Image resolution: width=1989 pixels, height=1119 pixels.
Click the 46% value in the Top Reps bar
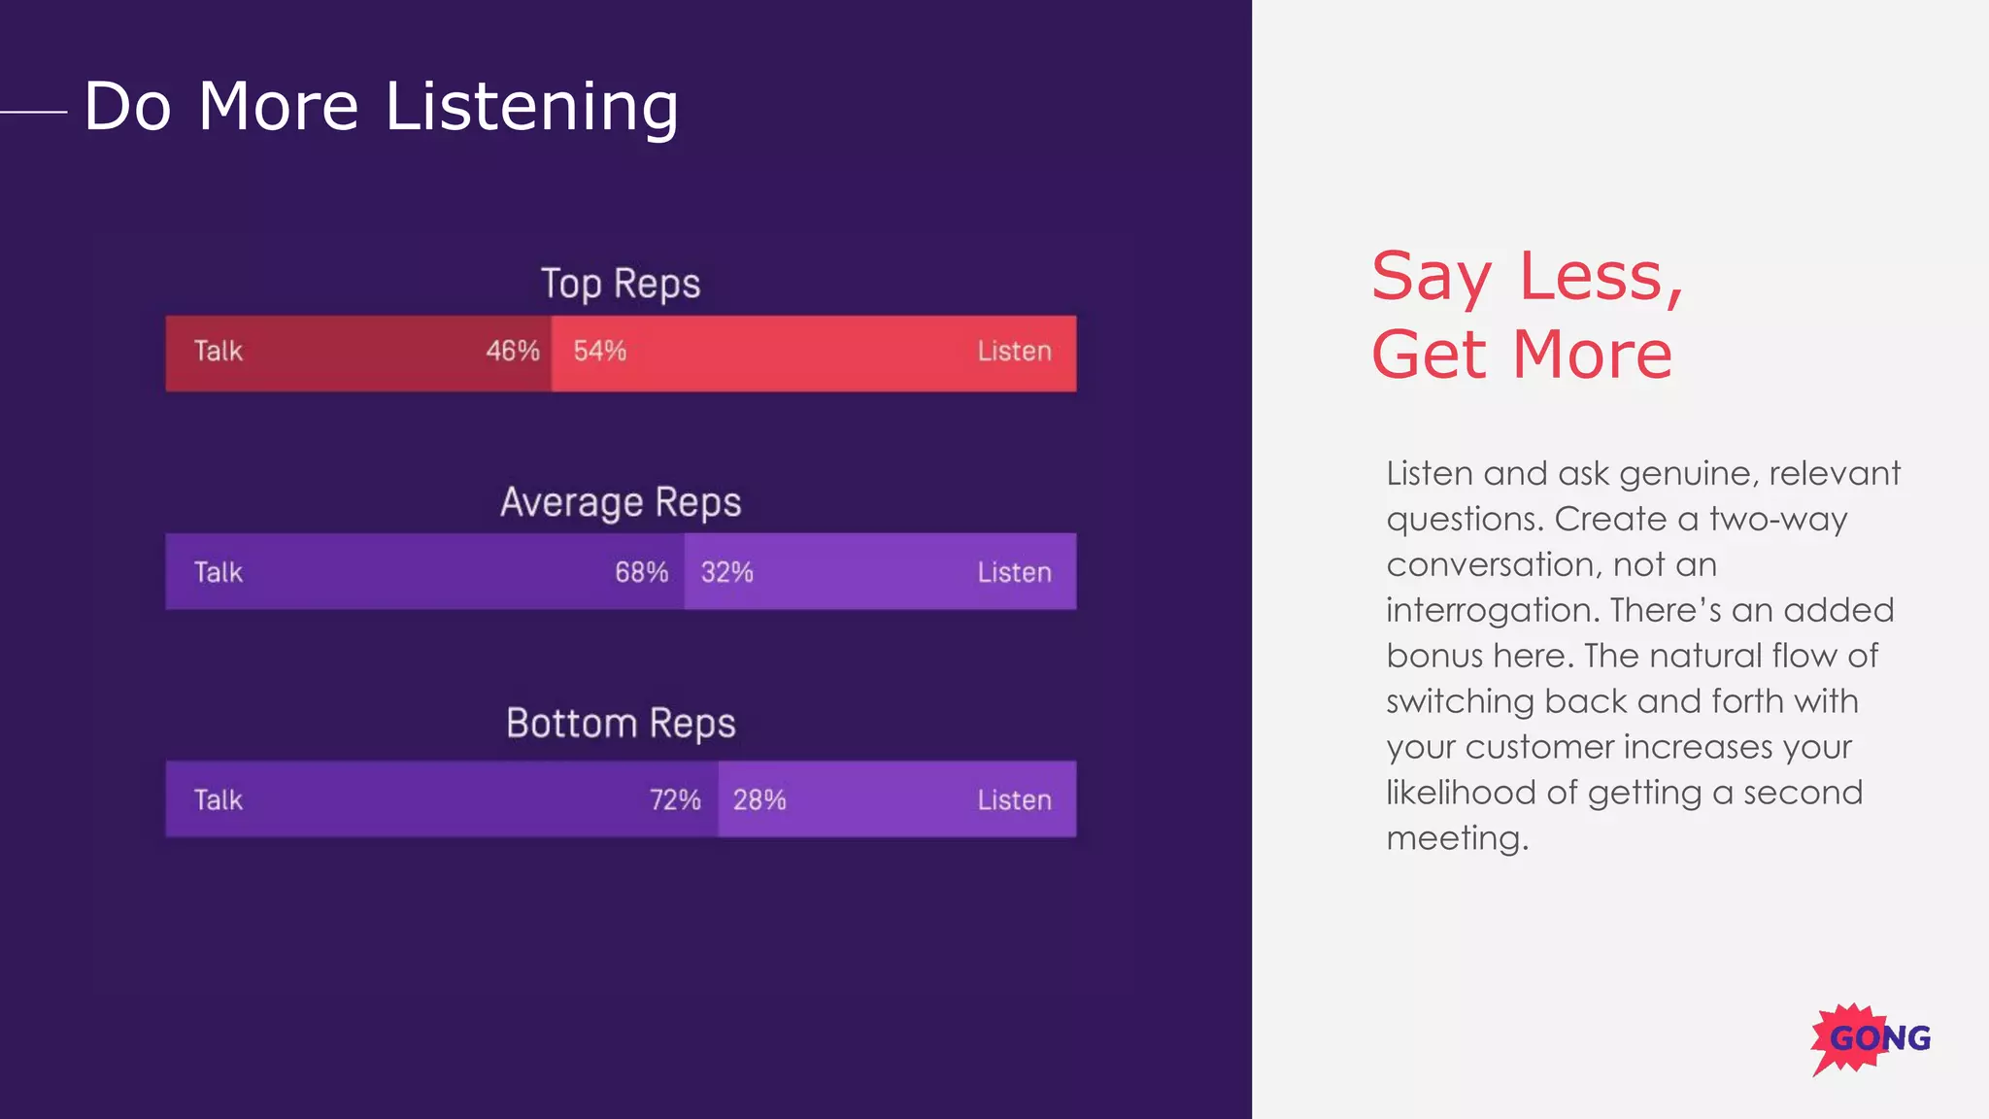512,351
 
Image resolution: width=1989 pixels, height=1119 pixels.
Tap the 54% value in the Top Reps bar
599,351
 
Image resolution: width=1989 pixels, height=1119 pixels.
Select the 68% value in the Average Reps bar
641,572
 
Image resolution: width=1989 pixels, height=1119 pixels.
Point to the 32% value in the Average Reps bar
726,572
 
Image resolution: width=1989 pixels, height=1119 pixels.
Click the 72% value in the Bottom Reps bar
675,799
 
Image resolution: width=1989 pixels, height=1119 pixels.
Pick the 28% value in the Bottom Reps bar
759,799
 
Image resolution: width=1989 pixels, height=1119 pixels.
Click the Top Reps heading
620,284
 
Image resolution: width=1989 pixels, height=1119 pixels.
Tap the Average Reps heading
620,502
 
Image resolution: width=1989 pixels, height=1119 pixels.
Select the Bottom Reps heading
620,724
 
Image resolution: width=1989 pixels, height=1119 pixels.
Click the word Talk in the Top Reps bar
218,351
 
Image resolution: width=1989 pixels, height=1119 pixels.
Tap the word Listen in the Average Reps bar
1014,572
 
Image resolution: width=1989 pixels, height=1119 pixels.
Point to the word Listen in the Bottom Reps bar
1014,799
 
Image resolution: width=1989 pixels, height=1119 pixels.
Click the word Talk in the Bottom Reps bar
218,799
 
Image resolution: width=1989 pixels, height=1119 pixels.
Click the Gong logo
1871,1038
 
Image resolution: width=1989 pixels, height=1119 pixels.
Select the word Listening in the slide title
531,107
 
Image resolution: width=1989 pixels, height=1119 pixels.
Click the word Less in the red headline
1600,277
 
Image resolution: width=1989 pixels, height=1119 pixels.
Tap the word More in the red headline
1593,355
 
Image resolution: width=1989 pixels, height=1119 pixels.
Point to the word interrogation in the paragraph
1492,610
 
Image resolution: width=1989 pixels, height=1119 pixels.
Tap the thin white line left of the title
34,112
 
